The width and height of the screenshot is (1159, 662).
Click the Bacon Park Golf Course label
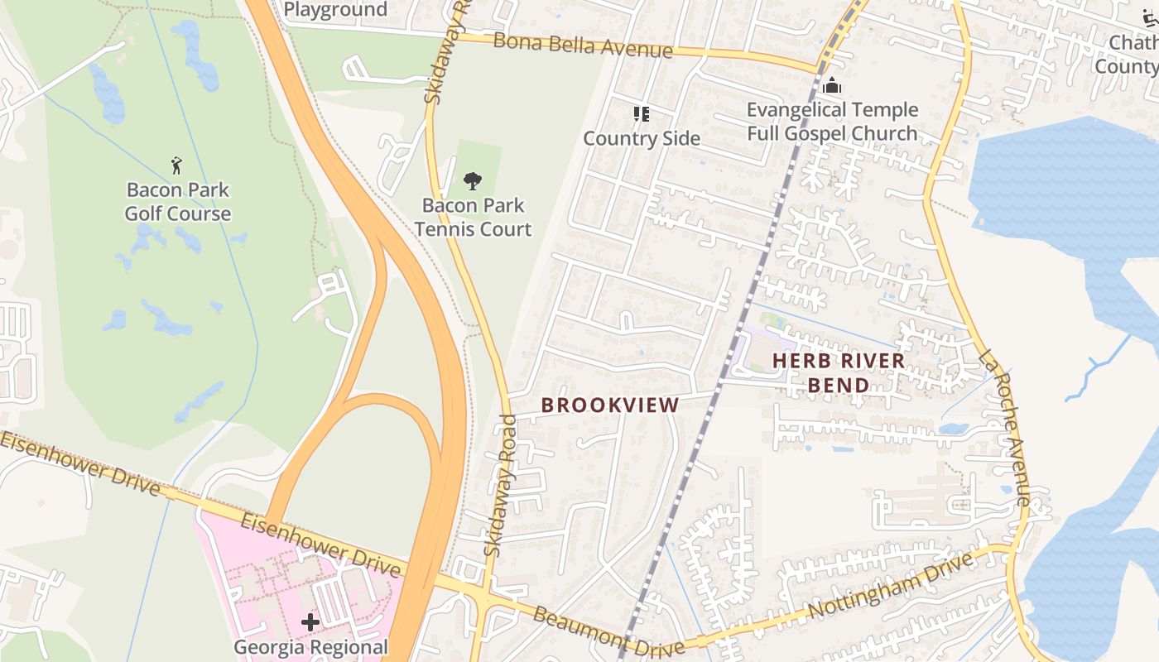(x=177, y=202)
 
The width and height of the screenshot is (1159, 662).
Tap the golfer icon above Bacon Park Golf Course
(x=176, y=165)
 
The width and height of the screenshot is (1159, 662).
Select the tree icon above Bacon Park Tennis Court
(x=473, y=180)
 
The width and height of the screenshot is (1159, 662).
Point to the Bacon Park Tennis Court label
(x=473, y=217)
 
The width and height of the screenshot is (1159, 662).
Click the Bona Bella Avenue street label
(x=583, y=46)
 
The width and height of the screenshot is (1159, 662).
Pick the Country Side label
(x=642, y=138)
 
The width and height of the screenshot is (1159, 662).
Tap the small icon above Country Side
(x=642, y=114)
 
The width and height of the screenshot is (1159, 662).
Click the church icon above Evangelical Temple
(x=832, y=85)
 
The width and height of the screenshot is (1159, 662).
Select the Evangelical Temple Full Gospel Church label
(x=832, y=122)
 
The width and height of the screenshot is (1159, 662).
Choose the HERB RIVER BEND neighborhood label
(x=838, y=372)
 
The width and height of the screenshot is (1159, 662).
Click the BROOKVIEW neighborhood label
(x=610, y=405)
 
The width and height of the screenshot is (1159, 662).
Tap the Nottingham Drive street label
(x=889, y=586)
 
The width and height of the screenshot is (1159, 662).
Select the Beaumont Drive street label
(x=608, y=631)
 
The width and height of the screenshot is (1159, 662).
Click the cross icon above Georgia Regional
(x=310, y=621)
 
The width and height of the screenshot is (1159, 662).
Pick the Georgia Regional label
(x=310, y=647)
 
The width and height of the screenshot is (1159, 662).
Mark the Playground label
(x=335, y=10)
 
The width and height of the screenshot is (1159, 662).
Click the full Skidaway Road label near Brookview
(x=501, y=486)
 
